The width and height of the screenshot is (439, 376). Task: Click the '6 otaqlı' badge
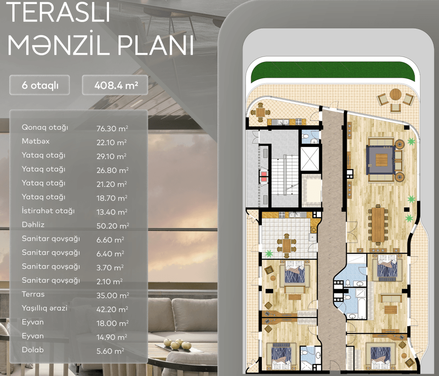pyautogui.click(x=40, y=85)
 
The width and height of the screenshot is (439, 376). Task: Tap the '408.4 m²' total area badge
pyautogui.click(x=116, y=85)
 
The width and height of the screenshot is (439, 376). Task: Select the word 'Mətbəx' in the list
pyautogui.click(x=35, y=141)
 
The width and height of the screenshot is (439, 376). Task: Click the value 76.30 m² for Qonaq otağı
pyautogui.click(x=112, y=129)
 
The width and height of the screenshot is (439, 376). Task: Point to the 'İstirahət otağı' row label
pyautogui.click(x=48, y=211)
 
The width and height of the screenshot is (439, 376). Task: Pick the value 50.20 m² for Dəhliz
pyautogui.click(x=112, y=226)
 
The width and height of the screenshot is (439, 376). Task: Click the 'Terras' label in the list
pyautogui.click(x=33, y=294)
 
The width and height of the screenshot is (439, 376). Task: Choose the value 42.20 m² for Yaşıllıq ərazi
pyautogui.click(x=112, y=309)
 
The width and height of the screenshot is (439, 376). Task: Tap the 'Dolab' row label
pyautogui.click(x=33, y=350)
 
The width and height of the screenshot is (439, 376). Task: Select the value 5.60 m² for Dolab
pyautogui.click(x=110, y=351)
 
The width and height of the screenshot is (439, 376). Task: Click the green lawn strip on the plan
pyautogui.click(x=333, y=71)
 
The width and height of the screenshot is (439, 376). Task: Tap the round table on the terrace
pyautogui.click(x=395, y=94)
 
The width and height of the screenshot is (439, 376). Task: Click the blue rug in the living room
pyautogui.click(x=381, y=160)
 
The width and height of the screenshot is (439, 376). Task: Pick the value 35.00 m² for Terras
pyautogui.click(x=112, y=295)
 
